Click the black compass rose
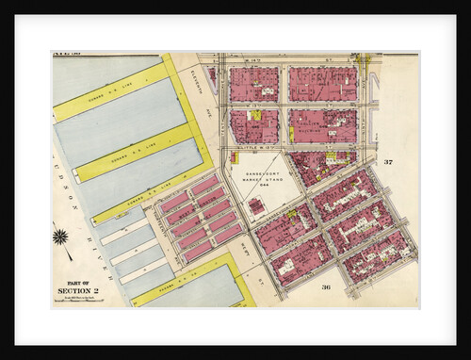(61, 237)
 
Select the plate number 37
(386, 162)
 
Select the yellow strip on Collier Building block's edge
(291, 133)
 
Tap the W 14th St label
(283, 59)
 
